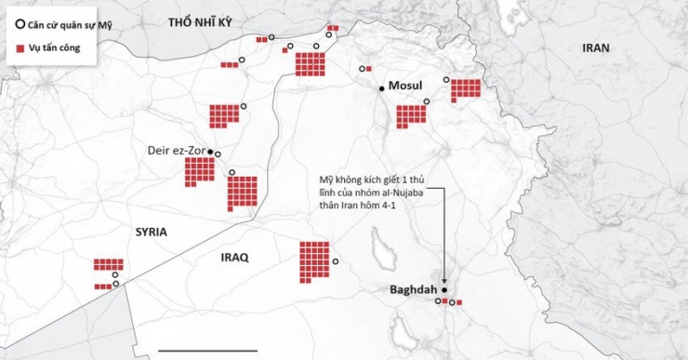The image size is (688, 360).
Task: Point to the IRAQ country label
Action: (x=233, y=257)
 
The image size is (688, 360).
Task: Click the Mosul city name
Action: (x=405, y=86)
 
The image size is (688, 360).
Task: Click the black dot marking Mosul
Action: (x=380, y=88)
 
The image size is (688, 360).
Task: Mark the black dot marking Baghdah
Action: (x=444, y=289)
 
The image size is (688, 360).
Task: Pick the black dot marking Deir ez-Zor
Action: (x=211, y=152)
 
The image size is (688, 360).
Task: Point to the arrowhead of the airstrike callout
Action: (x=445, y=281)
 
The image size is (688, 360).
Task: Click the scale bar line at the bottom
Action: (x=220, y=351)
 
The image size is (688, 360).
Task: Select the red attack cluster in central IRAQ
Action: (x=314, y=261)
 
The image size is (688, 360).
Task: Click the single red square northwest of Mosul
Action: (x=368, y=69)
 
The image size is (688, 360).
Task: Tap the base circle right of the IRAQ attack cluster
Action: (x=336, y=261)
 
